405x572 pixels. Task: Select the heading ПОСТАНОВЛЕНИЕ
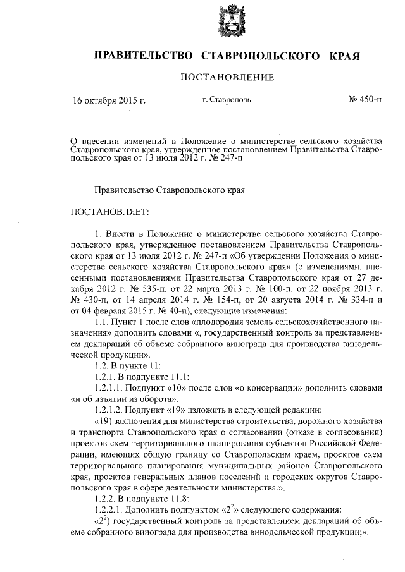[x=227, y=78]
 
